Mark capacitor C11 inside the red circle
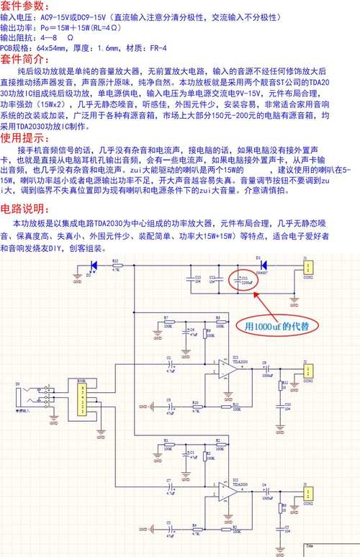tap(243, 281)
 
